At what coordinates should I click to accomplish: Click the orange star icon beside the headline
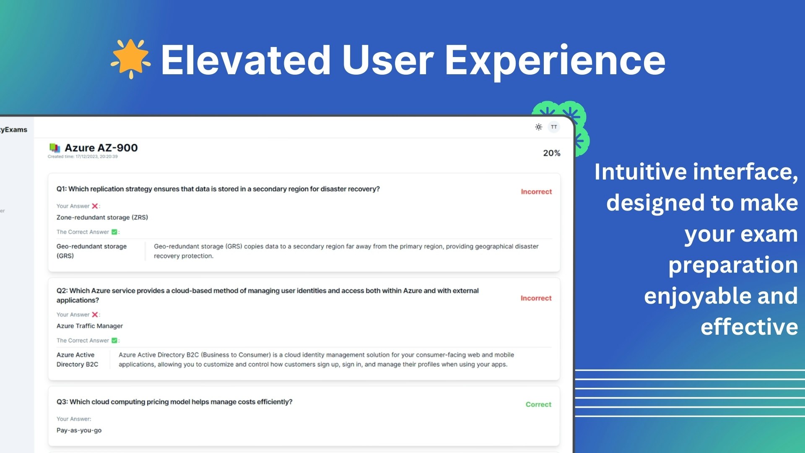pos(131,59)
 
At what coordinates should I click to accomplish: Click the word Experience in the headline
pos(555,61)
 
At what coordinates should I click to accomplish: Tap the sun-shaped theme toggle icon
pos(539,127)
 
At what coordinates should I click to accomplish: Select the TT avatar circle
pos(554,127)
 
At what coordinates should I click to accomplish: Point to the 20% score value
pos(552,153)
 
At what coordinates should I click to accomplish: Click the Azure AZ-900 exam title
pos(101,148)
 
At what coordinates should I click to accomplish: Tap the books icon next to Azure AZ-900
pos(55,148)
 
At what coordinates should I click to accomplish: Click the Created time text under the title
pos(83,156)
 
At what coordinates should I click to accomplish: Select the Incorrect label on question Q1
pos(536,192)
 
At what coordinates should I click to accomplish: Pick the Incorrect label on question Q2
pos(536,298)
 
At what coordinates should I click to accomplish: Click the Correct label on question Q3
pos(538,404)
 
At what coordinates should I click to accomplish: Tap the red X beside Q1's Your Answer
pos(95,206)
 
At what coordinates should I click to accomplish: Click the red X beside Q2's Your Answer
pos(95,315)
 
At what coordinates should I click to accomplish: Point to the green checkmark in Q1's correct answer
pos(114,232)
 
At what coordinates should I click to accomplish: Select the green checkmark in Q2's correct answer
pos(114,341)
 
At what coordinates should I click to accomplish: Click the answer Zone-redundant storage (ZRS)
pos(102,217)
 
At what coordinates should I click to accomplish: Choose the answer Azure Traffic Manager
pos(90,326)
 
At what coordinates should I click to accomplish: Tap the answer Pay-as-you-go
pos(79,430)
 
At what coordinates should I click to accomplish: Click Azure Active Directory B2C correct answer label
pos(78,359)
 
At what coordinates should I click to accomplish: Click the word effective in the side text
pos(749,327)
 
